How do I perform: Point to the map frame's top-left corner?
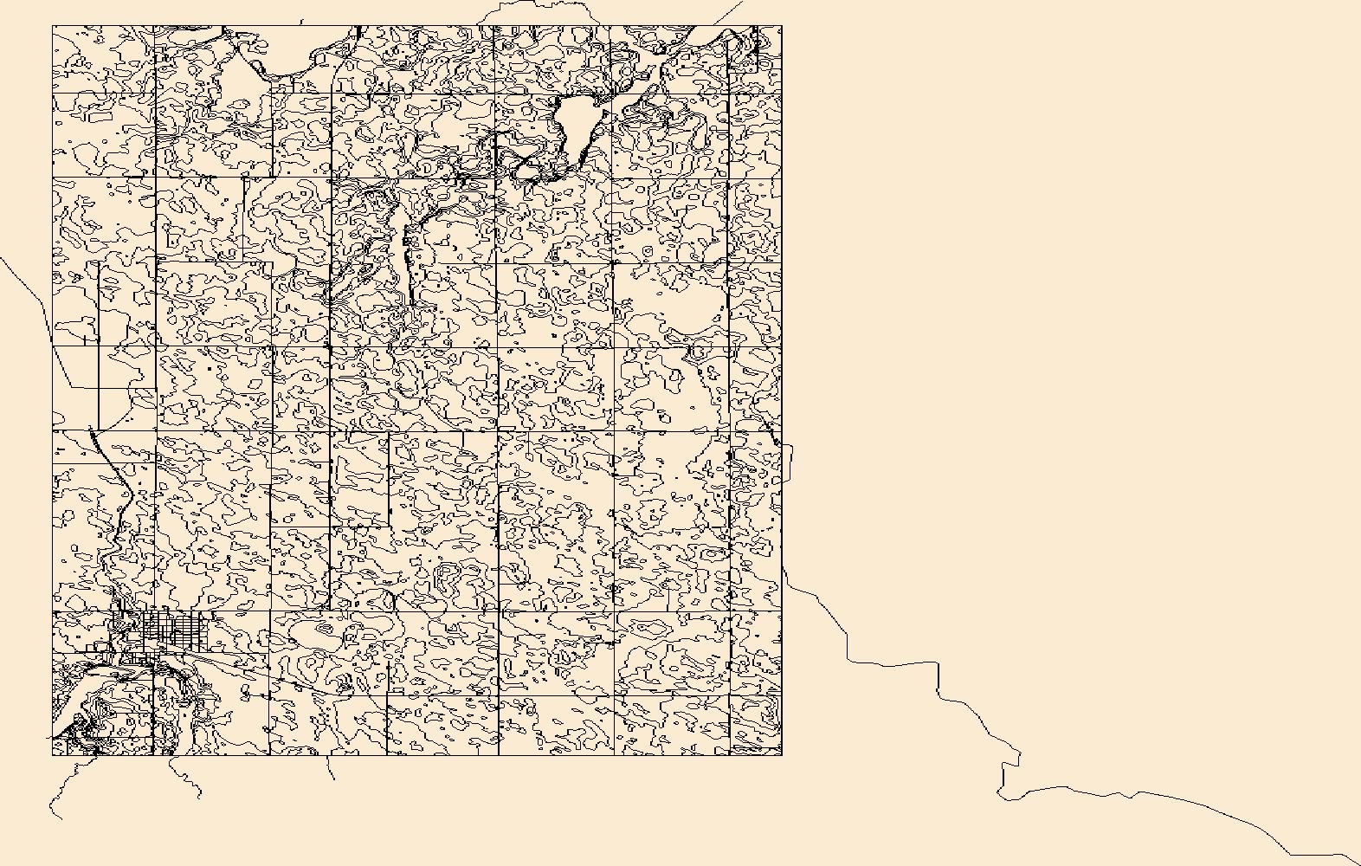[53, 26]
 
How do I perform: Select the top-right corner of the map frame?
[782, 26]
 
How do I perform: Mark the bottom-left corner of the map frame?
[53, 754]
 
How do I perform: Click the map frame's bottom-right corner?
[782, 754]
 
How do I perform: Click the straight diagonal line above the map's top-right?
[727, 13]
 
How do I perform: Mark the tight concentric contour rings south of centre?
[448, 574]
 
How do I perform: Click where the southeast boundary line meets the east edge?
[784, 567]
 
